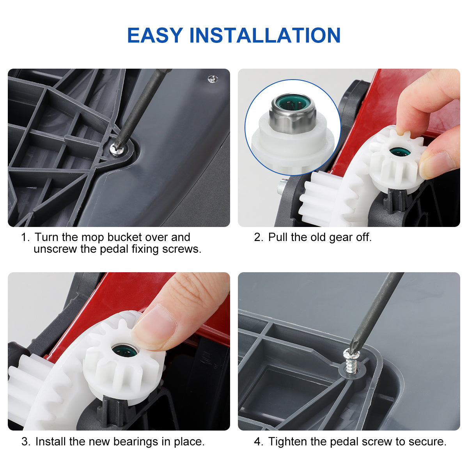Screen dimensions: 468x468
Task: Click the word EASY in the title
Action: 155,35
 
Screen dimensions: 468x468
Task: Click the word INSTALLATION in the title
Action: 265,35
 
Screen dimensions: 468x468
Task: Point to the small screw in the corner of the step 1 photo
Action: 213,79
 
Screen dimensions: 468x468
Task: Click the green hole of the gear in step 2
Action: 400,152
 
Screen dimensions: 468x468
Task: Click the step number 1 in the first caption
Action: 25,237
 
